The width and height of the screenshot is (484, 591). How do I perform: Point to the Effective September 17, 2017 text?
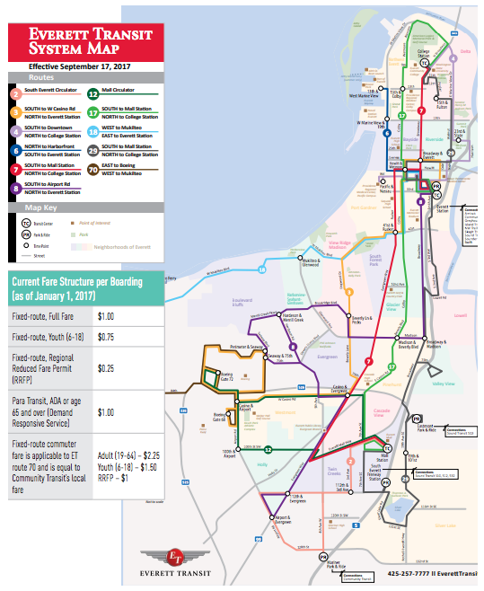[80, 66]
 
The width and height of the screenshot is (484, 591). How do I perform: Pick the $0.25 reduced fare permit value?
[107, 367]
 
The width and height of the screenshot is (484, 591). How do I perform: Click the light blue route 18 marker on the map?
[262, 269]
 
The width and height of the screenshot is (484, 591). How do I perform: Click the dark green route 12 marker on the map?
[268, 449]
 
